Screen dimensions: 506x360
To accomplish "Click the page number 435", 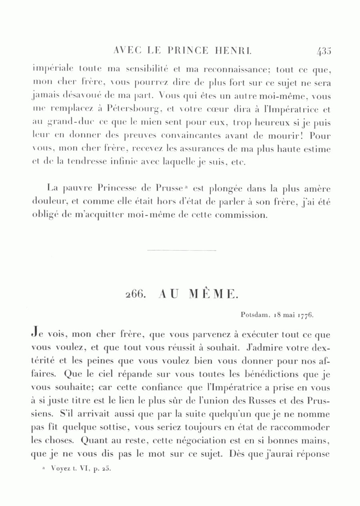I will tap(324, 51).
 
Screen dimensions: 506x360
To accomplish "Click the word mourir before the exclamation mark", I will tap(287, 136).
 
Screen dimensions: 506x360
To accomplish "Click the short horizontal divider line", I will tap(181, 251).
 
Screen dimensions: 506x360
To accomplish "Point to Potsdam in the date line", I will tap(255, 314).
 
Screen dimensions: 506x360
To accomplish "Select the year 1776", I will tap(306, 314).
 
